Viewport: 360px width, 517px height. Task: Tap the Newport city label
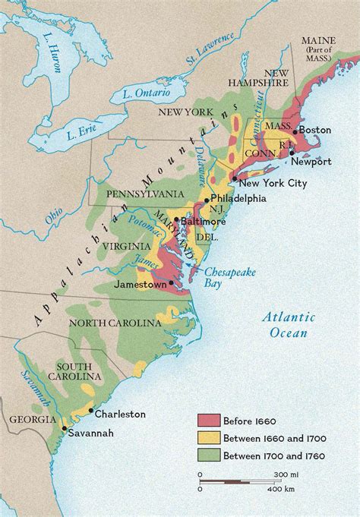tap(312, 161)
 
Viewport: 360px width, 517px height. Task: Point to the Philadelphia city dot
tap(204, 199)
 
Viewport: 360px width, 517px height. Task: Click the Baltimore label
tap(204, 221)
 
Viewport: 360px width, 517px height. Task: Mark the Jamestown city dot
tap(172, 283)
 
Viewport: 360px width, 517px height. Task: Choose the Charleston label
tap(120, 414)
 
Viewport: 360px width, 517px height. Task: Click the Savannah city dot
tap(63, 430)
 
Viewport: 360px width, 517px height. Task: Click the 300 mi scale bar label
tap(286, 474)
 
